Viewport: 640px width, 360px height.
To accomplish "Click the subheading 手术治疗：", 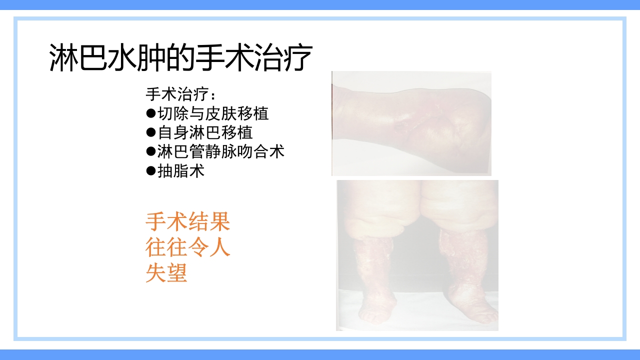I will tap(182, 94).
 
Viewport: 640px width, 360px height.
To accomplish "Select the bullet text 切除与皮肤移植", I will tap(213, 113).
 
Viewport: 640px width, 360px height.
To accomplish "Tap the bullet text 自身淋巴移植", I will tap(205, 132).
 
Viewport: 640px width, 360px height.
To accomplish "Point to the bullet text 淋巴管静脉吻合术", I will tap(221, 151).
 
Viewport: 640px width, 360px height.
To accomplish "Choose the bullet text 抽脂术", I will tap(181, 171).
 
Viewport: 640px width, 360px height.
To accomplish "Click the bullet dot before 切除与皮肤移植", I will tap(150, 113).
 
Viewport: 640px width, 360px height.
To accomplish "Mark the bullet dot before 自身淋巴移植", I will tap(150, 132).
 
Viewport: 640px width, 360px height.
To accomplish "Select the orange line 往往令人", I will tap(187, 247).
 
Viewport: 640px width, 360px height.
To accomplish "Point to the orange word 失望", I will tap(166, 273).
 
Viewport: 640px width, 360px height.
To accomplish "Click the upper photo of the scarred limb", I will tap(411, 123).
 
